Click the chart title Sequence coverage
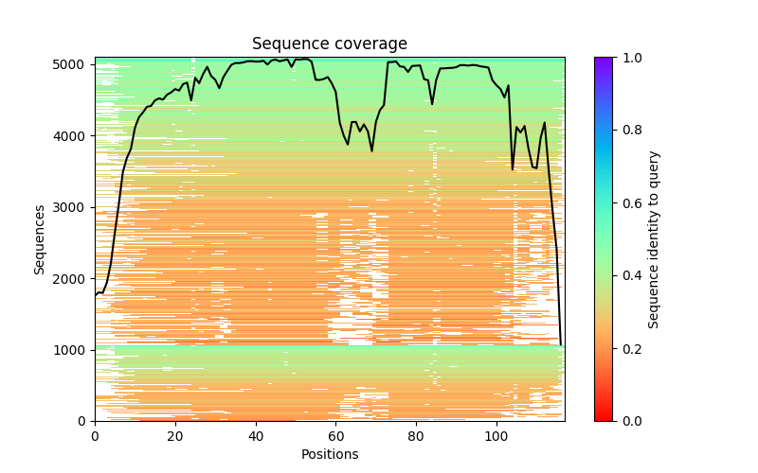click(x=329, y=44)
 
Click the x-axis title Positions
click(x=329, y=455)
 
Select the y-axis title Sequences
click(x=40, y=239)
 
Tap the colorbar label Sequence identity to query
click(x=654, y=239)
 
